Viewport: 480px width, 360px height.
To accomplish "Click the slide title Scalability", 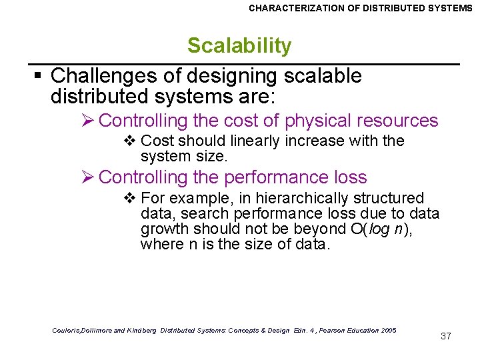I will (x=239, y=46).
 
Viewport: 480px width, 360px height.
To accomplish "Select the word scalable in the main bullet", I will (x=323, y=76).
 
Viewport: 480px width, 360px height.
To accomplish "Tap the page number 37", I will (x=446, y=336).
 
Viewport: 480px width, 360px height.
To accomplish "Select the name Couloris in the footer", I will (x=65, y=331).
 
